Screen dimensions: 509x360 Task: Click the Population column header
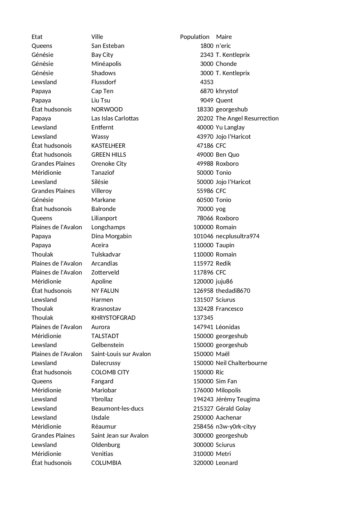(x=194, y=37)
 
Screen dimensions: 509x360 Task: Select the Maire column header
(x=224, y=37)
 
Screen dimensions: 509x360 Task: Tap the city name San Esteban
(x=108, y=46)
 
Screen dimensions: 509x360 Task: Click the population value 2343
(x=207, y=55)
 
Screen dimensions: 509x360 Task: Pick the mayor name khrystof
(x=227, y=91)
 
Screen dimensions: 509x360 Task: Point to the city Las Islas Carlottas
(x=115, y=118)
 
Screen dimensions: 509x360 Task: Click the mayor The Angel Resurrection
(x=247, y=118)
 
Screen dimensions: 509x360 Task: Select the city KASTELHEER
(x=108, y=146)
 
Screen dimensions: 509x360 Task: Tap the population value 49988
(x=205, y=164)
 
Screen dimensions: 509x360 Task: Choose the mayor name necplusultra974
(x=238, y=236)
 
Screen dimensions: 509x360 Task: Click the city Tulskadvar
(x=106, y=255)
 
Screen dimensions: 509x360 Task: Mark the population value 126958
(x=203, y=291)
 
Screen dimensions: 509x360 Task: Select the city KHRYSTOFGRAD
(x=113, y=318)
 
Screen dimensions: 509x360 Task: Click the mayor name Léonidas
(x=228, y=327)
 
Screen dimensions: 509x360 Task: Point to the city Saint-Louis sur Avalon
(x=121, y=354)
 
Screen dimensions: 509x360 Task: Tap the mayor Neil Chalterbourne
(x=241, y=363)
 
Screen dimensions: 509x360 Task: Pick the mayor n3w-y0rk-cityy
(x=236, y=427)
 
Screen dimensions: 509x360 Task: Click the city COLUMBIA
(x=106, y=463)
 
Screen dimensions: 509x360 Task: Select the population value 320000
(x=203, y=463)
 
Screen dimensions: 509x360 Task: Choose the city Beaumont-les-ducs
(x=117, y=409)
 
